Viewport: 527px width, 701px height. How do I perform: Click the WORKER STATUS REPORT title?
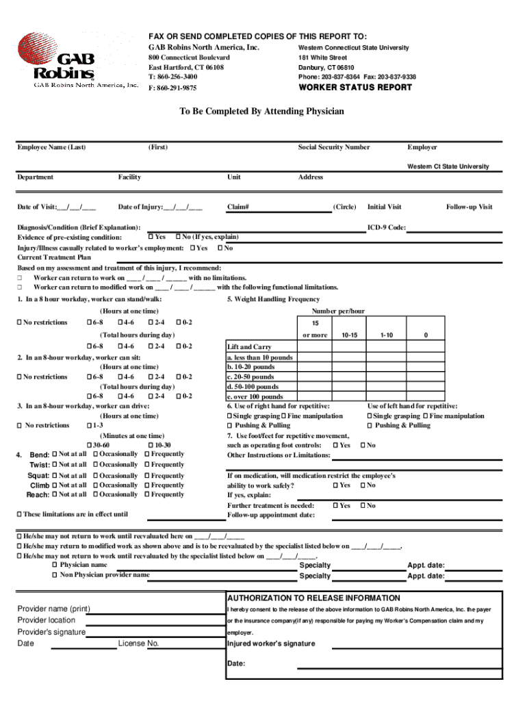click(355, 88)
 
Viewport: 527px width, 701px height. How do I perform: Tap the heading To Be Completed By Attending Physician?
click(261, 111)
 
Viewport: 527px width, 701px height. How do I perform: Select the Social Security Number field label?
click(333, 147)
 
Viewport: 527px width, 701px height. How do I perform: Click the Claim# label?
click(237, 207)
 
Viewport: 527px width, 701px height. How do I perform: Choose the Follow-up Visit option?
click(469, 207)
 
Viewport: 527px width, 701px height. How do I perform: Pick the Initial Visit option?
click(384, 207)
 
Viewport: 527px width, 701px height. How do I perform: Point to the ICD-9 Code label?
click(387, 227)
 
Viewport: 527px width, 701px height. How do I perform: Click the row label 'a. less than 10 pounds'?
click(259, 357)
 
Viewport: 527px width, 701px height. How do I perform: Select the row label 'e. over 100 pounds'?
click(255, 396)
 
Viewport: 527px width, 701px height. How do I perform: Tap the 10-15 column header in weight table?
click(349, 335)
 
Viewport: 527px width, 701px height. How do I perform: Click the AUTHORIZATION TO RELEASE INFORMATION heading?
click(313, 598)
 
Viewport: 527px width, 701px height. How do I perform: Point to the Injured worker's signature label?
click(271, 643)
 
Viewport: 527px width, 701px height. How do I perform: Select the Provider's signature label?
click(51, 632)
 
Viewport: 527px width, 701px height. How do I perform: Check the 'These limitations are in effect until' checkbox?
click(19, 514)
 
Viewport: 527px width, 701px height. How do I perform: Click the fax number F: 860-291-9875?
click(172, 88)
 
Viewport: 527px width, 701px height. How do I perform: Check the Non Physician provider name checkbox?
click(55, 576)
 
